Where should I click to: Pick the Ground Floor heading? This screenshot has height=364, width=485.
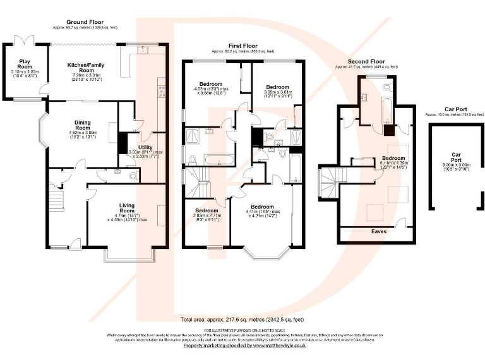click(x=85, y=21)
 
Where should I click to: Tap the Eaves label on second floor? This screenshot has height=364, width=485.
click(x=380, y=231)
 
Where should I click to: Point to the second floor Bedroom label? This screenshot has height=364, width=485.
click(x=393, y=158)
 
